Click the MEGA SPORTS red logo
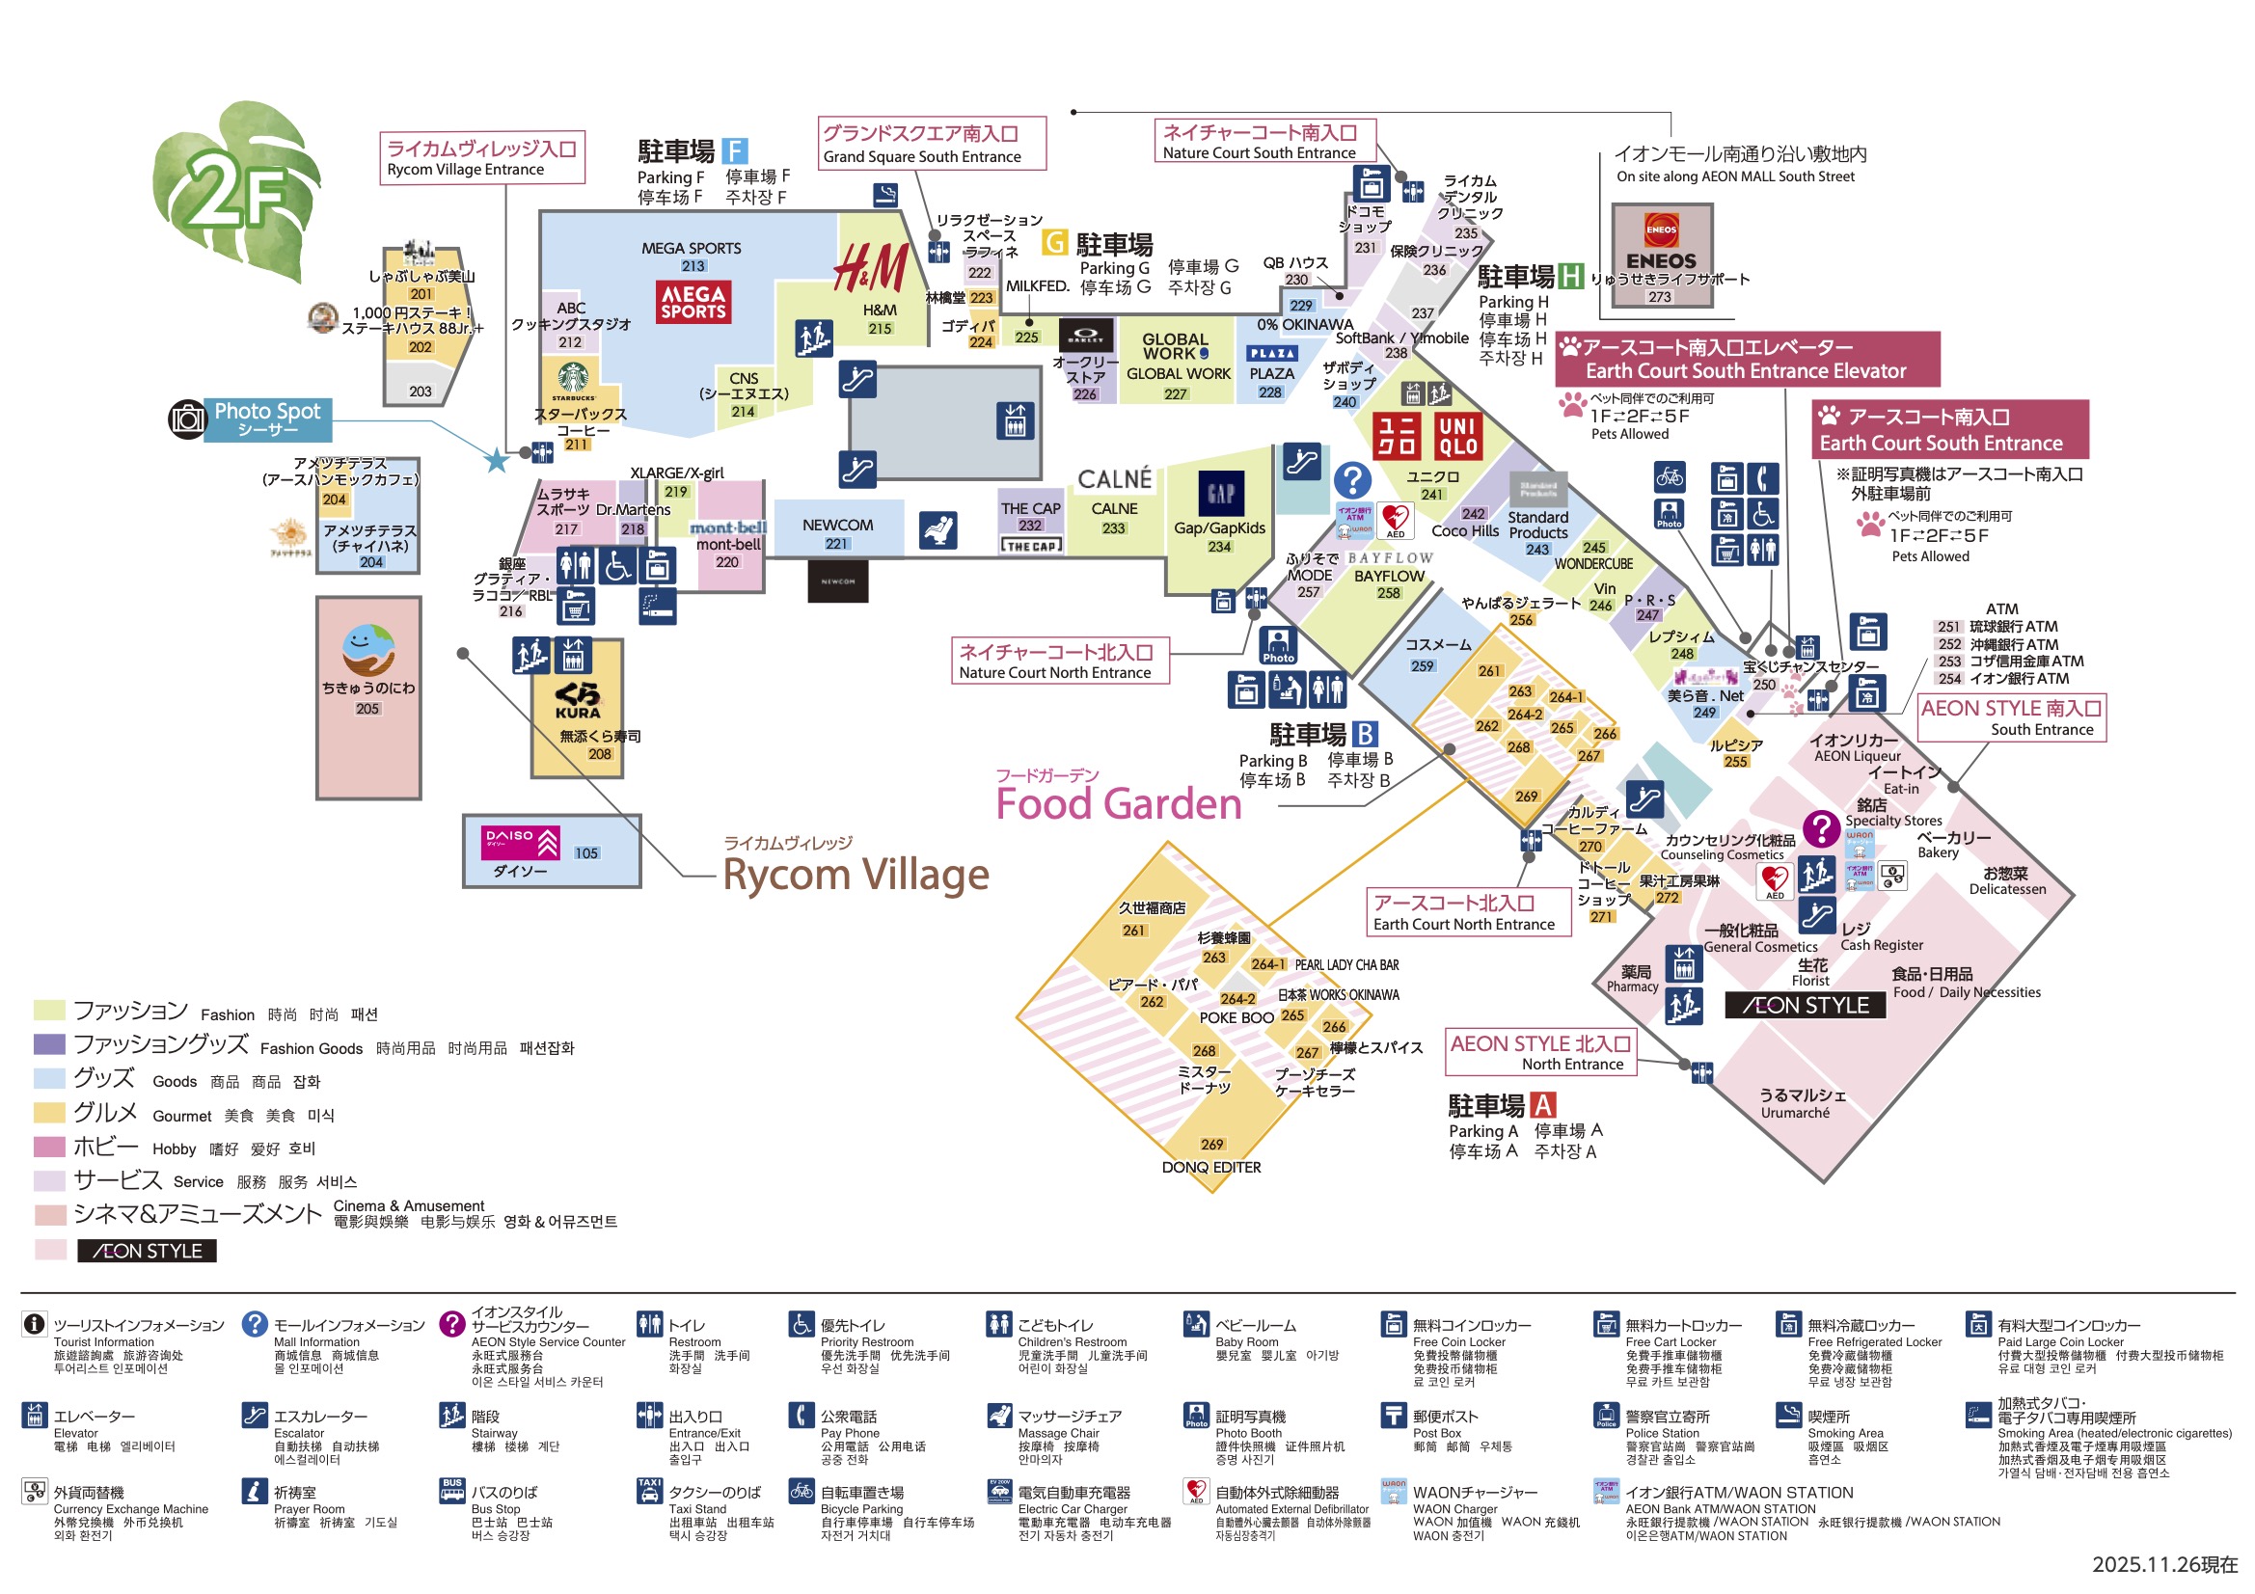click(x=693, y=302)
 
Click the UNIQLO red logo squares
click(x=1427, y=436)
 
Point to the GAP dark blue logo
click(x=1221, y=493)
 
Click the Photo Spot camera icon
click(x=186, y=419)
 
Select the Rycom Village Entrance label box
click(x=482, y=158)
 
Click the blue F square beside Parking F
click(x=735, y=151)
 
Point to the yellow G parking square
click(x=1054, y=242)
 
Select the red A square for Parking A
click(x=1542, y=1105)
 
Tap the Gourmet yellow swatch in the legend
click(x=49, y=1113)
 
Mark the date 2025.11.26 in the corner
click(x=2163, y=1564)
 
